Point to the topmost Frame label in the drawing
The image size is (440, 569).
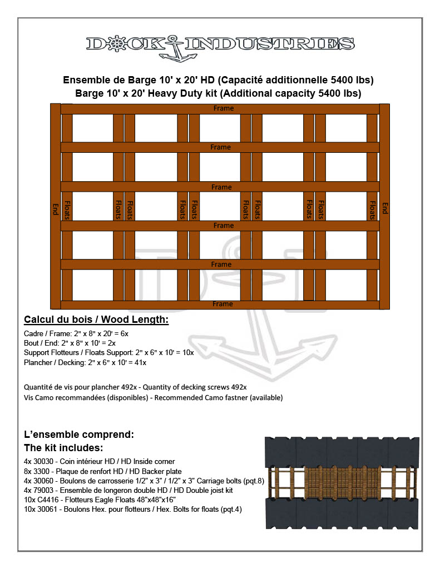point(224,108)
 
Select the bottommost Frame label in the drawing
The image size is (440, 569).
point(223,304)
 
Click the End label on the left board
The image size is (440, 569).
point(56,209)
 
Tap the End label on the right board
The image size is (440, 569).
point(384,208)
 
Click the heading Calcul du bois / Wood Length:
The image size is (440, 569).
point(96,320)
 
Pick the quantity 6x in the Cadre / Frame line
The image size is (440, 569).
point(125,333)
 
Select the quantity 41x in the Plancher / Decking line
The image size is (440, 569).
point(140,362)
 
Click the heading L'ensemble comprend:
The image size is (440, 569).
point(79,434)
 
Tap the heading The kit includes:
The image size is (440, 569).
point(64,447)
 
